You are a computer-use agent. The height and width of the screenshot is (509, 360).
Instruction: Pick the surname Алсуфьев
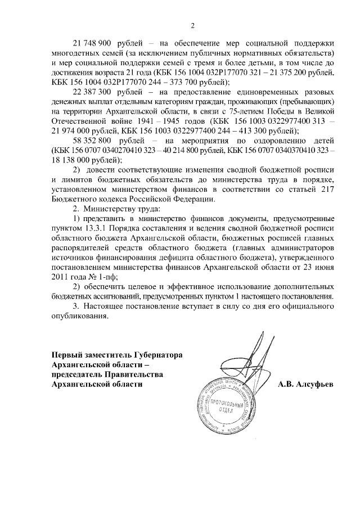305,385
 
